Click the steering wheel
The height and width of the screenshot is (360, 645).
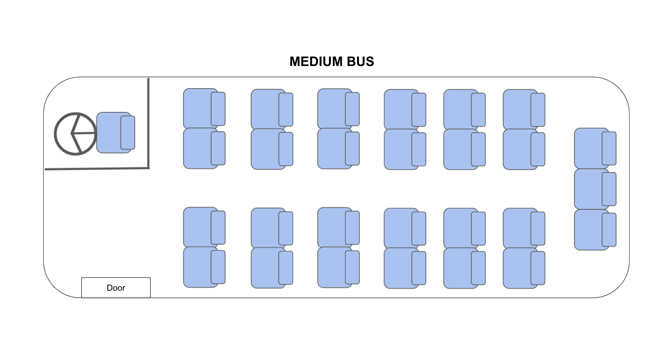tap(75, 134)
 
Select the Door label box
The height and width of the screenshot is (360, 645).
tap(116, 287)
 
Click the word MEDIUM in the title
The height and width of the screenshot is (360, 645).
tap(316, 62)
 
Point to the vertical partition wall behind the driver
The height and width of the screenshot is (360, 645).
tap(148, 123)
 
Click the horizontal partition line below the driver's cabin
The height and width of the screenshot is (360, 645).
tap(97, 168)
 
